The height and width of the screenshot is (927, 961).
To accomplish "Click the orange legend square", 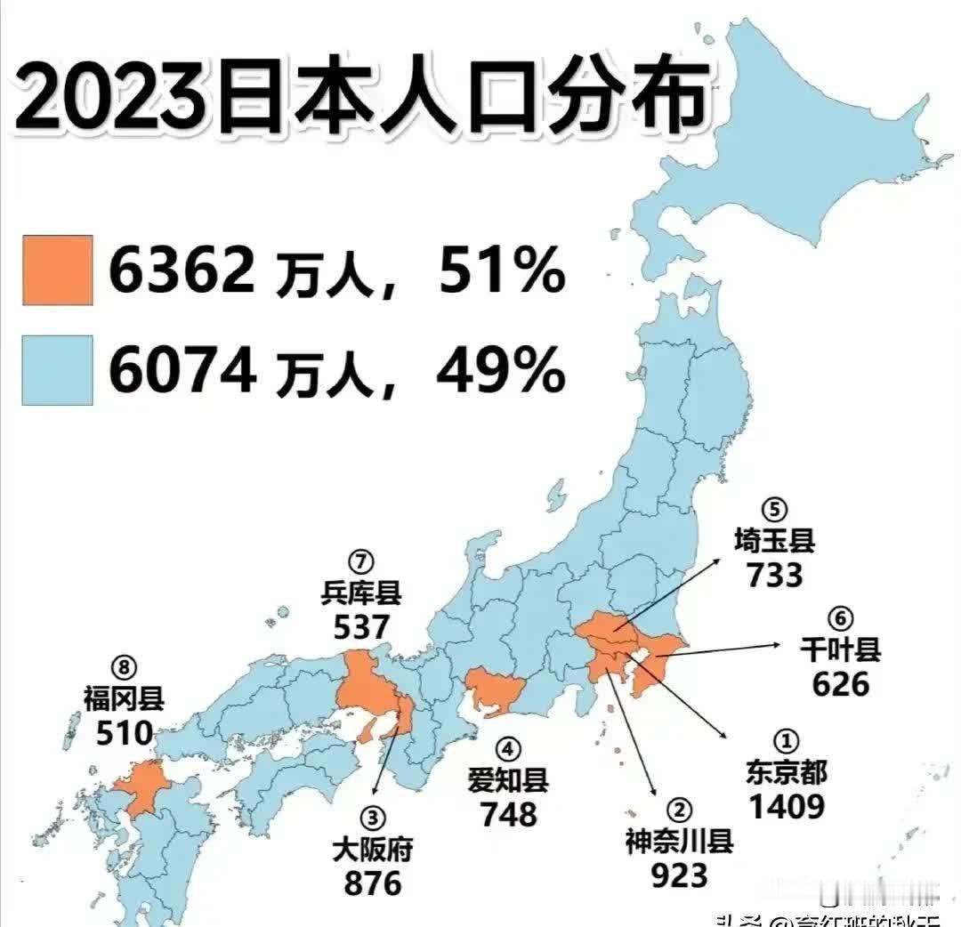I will [57, 270].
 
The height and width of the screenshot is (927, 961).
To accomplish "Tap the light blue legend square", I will [57, 370].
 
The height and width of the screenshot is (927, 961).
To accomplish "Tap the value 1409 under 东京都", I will [786, 806].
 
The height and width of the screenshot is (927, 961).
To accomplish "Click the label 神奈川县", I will [679, 841].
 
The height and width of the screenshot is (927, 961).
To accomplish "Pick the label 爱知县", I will [508, 781].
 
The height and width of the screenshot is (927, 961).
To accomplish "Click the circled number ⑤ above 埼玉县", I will [774, 512].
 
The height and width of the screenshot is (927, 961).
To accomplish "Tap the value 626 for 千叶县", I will [840, 683].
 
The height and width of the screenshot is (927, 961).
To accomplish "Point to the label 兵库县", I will [361, 593].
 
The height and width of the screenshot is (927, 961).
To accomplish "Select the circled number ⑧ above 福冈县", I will [125, 665].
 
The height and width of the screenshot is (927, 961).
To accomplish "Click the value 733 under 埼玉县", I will [774, 575].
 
